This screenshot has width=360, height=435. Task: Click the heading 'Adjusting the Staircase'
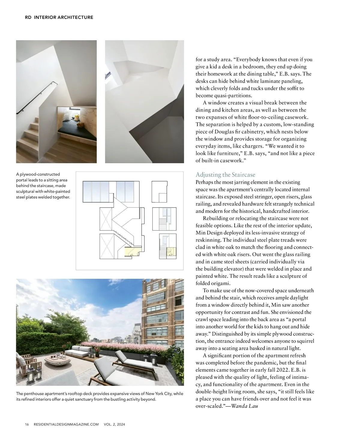point(225,175)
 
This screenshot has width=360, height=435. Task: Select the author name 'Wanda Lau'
point(244,406)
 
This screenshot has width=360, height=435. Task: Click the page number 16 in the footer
point(27,424)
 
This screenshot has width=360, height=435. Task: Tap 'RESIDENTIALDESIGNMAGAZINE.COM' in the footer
point(66,424)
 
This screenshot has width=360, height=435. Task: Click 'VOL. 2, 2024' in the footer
point(114,424)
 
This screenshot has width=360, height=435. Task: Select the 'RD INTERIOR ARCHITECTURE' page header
point(59,17)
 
